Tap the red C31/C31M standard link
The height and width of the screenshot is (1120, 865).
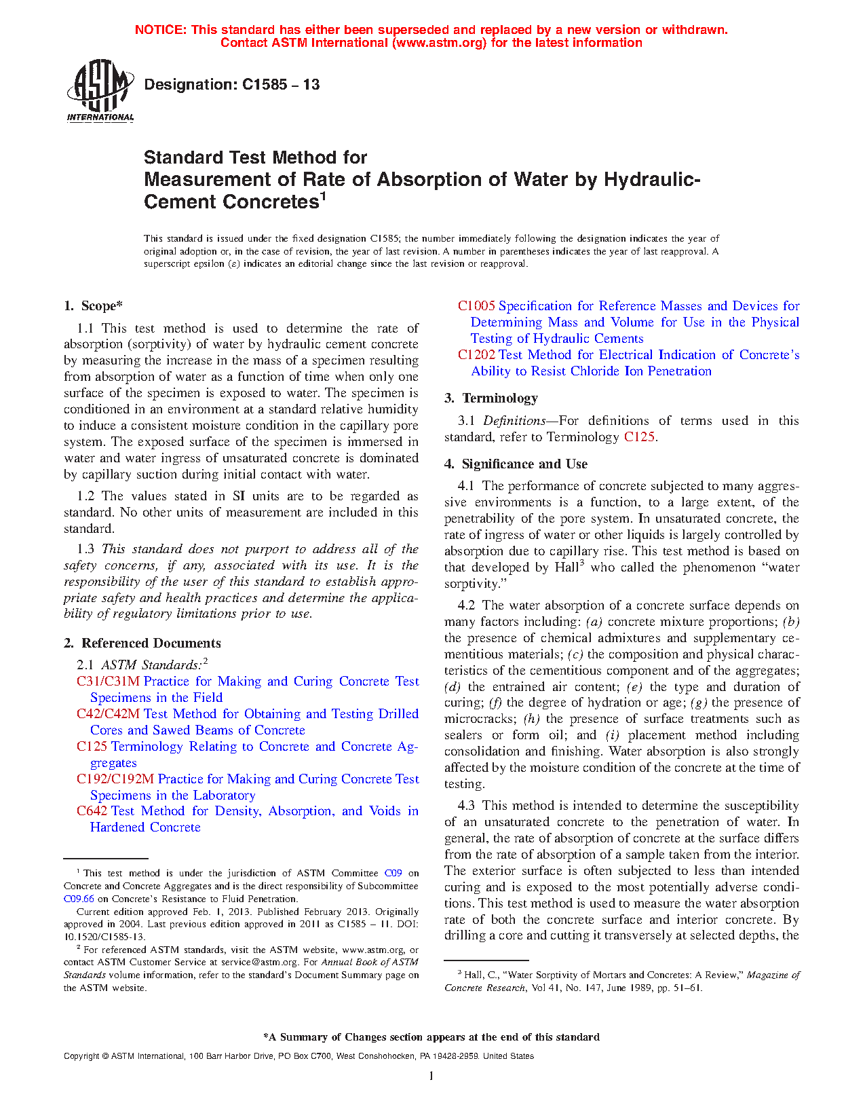[x=108, y=682]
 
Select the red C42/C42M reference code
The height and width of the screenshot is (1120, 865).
[x=108, y=714]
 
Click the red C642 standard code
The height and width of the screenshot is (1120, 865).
[x=92, y=811]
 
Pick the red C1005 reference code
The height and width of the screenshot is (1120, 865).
[x=476, y=306]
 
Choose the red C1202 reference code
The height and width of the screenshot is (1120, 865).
[x=476, y=355]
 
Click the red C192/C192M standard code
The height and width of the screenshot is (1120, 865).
[x=115, y=779]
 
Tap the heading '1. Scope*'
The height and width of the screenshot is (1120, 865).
[x=94, y=306]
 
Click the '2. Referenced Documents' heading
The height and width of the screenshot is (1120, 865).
[x=142, y=643]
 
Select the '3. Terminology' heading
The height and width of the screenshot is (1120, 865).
[x=491, y=398]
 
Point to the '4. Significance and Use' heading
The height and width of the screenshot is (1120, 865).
[x=516, y=464]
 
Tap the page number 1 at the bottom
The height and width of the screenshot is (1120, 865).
[x=431, y=1076]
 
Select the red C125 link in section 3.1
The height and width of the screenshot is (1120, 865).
[x=638, y=437]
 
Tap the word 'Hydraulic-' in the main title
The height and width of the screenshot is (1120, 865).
[x=651, y=180]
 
